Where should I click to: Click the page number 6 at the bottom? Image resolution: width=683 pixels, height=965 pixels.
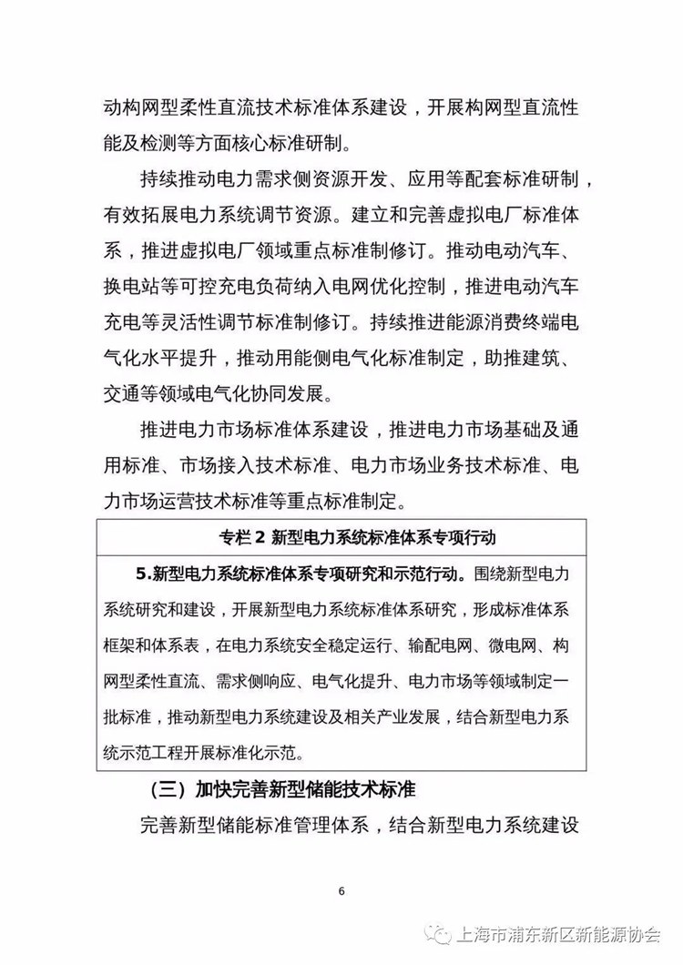coord(341,889)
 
